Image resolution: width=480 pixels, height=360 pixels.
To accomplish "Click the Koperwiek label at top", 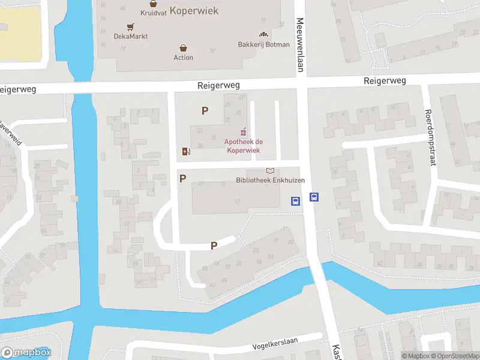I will tap(194, 11).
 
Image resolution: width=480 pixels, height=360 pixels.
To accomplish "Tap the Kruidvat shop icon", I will tap(154, 3).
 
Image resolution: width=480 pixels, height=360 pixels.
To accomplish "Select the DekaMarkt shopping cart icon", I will tap(130, 26).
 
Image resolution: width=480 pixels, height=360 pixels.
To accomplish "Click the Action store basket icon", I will tap(184, 47).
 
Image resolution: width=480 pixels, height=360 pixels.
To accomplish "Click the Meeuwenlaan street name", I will tap(299, 45).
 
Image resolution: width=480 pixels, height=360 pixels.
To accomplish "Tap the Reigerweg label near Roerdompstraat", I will tap(385, 80).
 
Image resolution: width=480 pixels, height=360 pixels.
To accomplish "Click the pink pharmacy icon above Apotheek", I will tap(243, 131).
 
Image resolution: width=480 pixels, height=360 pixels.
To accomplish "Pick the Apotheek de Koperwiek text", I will tap(244, 146).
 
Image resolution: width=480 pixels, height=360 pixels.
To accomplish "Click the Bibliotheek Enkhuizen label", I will tap(270, 181).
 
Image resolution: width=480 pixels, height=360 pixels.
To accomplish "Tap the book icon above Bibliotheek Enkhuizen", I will tap(270, 171).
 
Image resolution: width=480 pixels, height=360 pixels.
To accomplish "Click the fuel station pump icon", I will tap(187, 151).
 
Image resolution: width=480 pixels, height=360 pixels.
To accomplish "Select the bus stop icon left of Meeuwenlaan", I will tap(295, 201).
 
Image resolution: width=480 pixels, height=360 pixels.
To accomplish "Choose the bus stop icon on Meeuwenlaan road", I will tap(314, 197).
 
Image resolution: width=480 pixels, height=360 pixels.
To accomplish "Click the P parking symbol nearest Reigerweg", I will tap(205, 110).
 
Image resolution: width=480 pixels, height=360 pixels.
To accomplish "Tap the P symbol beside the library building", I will tap(183, 178).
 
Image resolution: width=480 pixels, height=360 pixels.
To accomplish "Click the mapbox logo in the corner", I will tap(26, 353).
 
